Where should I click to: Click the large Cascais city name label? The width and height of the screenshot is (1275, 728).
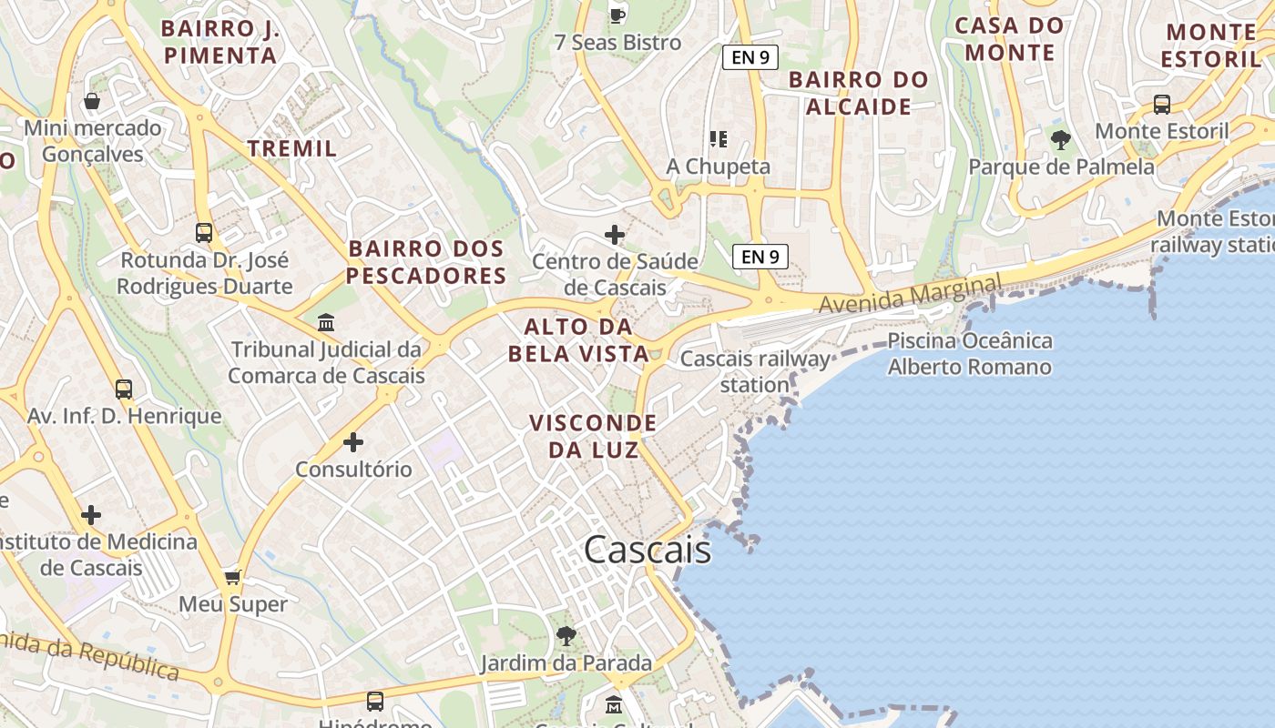(x=647, y=550)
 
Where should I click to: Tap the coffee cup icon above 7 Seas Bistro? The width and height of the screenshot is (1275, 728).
(x=617, y=15)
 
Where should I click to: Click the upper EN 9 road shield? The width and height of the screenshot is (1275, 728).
(x=750, y=57)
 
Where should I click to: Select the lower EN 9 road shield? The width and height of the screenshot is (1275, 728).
(x=760, y=257)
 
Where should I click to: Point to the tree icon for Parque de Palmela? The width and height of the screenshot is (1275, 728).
(x=1060, y=139)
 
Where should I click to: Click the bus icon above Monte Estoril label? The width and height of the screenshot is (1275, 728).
(x=1162, y=104)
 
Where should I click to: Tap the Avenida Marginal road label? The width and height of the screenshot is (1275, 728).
(x=909, y=295)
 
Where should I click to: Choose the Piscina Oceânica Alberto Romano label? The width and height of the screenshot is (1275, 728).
(x=970, y=354)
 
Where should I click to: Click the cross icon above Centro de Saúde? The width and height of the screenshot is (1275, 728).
(x=615, y=235)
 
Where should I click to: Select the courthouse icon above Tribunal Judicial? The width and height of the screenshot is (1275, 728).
(x=325, y=322)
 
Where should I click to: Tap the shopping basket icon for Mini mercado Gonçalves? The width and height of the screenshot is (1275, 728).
(x=92, y=100)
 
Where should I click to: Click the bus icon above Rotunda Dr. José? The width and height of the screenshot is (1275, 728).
(x=204, y=232)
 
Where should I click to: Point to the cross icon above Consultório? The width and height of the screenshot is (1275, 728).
(x=352, y=442)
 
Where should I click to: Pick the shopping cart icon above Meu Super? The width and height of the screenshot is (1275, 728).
(x=233, y=577)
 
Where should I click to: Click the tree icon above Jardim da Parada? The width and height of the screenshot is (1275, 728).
(x=566, y=635)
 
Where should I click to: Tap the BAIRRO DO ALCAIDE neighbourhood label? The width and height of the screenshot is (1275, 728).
(x=858, y=93)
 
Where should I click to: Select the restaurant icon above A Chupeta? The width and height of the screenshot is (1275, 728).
(x=719, y=139)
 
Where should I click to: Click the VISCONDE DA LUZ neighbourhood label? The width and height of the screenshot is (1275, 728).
(x=593, y=436)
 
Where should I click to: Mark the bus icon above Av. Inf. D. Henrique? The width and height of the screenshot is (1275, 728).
(x=124, y=389)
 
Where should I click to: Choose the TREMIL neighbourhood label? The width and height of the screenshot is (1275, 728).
(x=292, y=147)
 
